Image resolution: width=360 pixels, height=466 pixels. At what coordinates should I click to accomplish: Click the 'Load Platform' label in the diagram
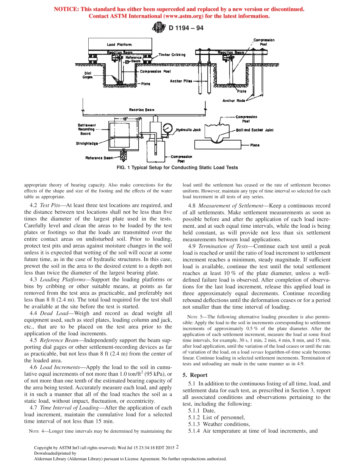pyautogui.click(x=119, y=45)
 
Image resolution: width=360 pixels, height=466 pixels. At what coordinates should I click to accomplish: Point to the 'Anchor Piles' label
pyautogui.click(x=181, y=81)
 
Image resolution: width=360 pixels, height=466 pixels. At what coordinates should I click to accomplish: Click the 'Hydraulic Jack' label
pyautogui.click(x=188, y=130)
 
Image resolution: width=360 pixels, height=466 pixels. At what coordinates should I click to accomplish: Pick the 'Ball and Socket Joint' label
pyautogui.click(x=255, y=130)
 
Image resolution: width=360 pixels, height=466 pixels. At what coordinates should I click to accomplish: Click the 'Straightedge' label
pyautogui.click(x=87, y=143)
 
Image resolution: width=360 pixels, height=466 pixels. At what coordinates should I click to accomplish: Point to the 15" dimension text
pyautogui.click(x=125, y=119)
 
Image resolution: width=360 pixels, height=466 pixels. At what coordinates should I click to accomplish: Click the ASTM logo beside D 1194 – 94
pyautogui.click(x=158, y=27)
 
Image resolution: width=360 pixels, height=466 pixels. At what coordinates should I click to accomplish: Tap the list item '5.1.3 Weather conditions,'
pyautogui.click(x=219, y=424)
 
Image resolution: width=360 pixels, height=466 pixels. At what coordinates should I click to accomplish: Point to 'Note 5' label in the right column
pyautogui.click(x=196, y=317)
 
